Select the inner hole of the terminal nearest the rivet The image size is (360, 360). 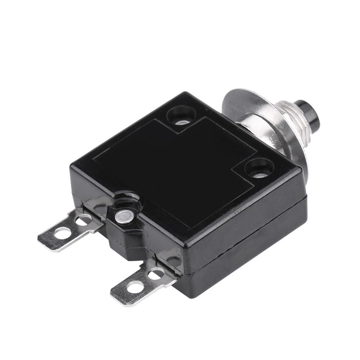tap(84, 220)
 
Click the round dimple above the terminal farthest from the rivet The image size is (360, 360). tap(174, 261)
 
